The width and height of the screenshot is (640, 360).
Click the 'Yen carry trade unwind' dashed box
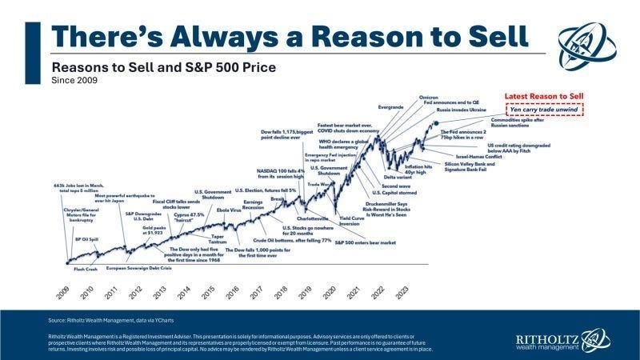point(544,109)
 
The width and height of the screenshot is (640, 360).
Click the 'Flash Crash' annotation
point(86,270)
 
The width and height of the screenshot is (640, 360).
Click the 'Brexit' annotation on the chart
point(278,198)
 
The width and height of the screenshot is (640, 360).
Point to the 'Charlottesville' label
point(314,218)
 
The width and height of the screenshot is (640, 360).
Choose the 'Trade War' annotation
point(320,183)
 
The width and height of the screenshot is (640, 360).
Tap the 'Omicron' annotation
point(429,97)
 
